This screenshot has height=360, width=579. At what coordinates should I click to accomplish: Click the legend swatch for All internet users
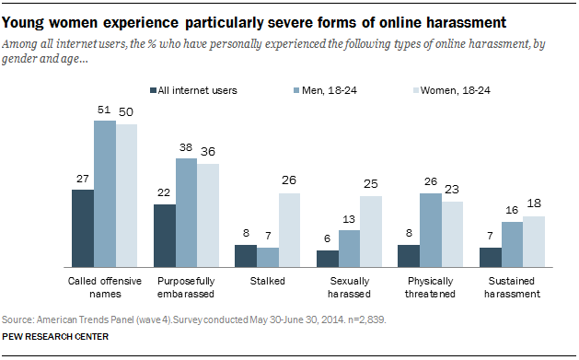(x=152, y=89)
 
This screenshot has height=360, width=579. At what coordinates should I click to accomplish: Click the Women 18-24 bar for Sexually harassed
(x=370, y=230)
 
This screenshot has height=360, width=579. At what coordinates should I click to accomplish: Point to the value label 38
(x=186, y=147)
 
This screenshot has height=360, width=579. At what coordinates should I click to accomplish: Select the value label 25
(x=370, y=184)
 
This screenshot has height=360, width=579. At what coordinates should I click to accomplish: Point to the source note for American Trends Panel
(x=193, y=318)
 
